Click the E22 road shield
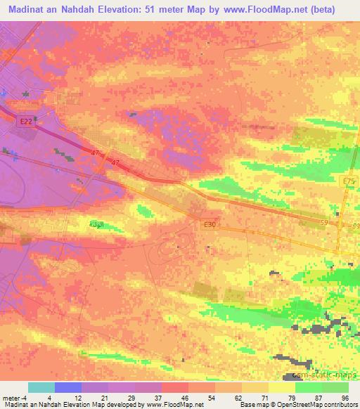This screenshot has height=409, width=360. click(26, 121)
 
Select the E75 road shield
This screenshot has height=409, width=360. click(348, 182)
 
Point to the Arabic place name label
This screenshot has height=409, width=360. click(97, 225)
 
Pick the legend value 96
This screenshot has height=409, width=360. click(344, 397)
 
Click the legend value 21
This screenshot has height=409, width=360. click(104, 397)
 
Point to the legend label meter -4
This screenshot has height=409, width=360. click(13, 397)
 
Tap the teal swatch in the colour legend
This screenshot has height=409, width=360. click(41, 387)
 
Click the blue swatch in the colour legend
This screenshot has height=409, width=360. click(68, 387)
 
